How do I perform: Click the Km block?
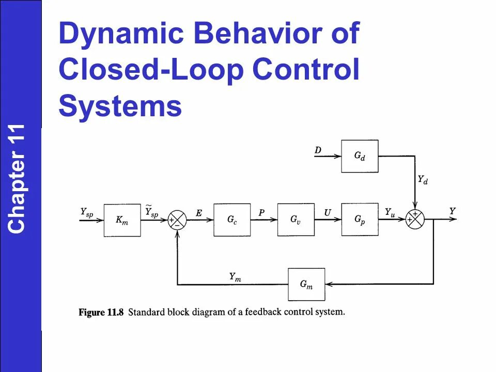click(x=122, y=220)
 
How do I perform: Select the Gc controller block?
click(x=232, y=220)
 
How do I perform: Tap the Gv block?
click(x=296, y=220)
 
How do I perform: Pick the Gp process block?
click(x=360, y=220)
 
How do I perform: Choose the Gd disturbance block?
click(x=360, y=156)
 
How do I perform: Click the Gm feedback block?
click(x=306, y=284)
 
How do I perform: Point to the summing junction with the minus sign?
click(x=177, y=220)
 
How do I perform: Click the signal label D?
click(x=318, y=150)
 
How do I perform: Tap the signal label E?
click(x=199, y=212)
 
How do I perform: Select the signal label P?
click(x=262, y=212)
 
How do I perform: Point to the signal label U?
click(x=328, y=212)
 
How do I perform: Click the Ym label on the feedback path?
click(x=235, y=277)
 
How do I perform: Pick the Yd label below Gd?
click(x=423, y=180)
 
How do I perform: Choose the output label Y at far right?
click(x=452, y=211)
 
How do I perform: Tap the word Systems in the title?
click(x=120, y=106)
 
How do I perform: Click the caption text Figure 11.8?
click(x=101, y=313)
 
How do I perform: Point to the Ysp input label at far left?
click(x=87, y=212)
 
